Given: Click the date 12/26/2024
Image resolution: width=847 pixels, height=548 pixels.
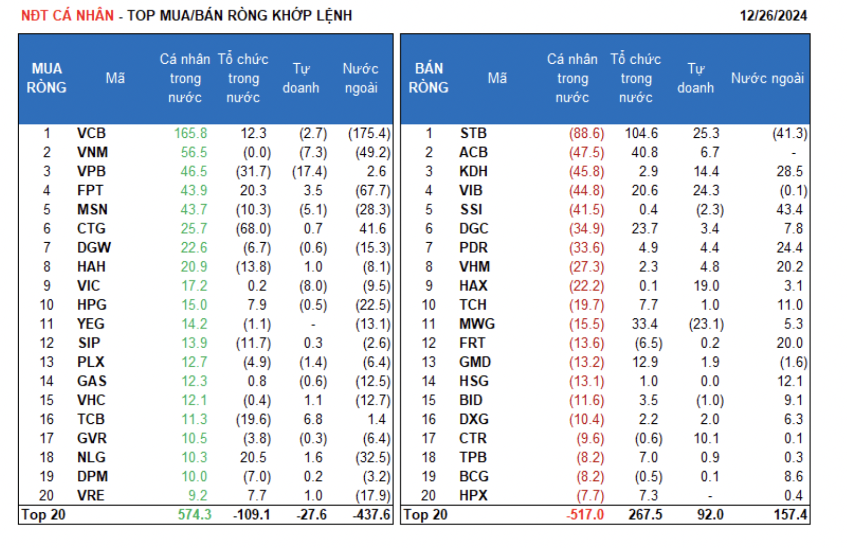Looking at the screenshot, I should coord(773,15).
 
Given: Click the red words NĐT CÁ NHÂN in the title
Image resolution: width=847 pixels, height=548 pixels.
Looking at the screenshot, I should coord(67,15).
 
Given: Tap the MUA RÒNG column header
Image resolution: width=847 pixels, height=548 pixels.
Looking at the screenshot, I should coord(47,78).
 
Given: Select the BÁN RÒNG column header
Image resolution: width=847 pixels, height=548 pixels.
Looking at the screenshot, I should coord(428,78).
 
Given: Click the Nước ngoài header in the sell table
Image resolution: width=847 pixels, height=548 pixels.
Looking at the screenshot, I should coord(767,78).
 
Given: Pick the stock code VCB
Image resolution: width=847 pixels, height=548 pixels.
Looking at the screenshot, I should coord(91,133).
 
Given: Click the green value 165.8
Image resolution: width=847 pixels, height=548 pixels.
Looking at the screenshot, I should coord(190,133).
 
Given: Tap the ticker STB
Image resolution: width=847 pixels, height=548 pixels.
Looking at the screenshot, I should coord(473,133).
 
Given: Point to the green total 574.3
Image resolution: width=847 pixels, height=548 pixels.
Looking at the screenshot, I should coord(194,515).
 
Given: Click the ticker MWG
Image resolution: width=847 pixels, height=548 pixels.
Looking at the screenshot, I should coord(477,324).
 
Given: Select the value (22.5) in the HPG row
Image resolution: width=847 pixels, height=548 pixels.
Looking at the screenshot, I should coord(372,305).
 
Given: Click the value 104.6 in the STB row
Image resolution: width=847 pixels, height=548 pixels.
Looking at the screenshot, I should coord(641,133).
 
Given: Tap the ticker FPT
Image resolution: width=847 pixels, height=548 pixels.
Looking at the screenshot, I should coord(90,191).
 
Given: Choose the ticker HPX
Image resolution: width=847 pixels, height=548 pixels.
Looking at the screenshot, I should coord(473,495).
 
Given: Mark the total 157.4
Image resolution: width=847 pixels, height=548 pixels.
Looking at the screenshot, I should coord(790,515).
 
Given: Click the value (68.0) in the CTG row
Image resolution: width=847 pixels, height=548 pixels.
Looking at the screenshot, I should coord(253,228).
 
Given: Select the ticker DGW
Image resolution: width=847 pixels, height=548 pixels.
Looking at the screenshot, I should coord(94,248).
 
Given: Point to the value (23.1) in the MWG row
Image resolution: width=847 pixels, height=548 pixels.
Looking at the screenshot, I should coord(706,324).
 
